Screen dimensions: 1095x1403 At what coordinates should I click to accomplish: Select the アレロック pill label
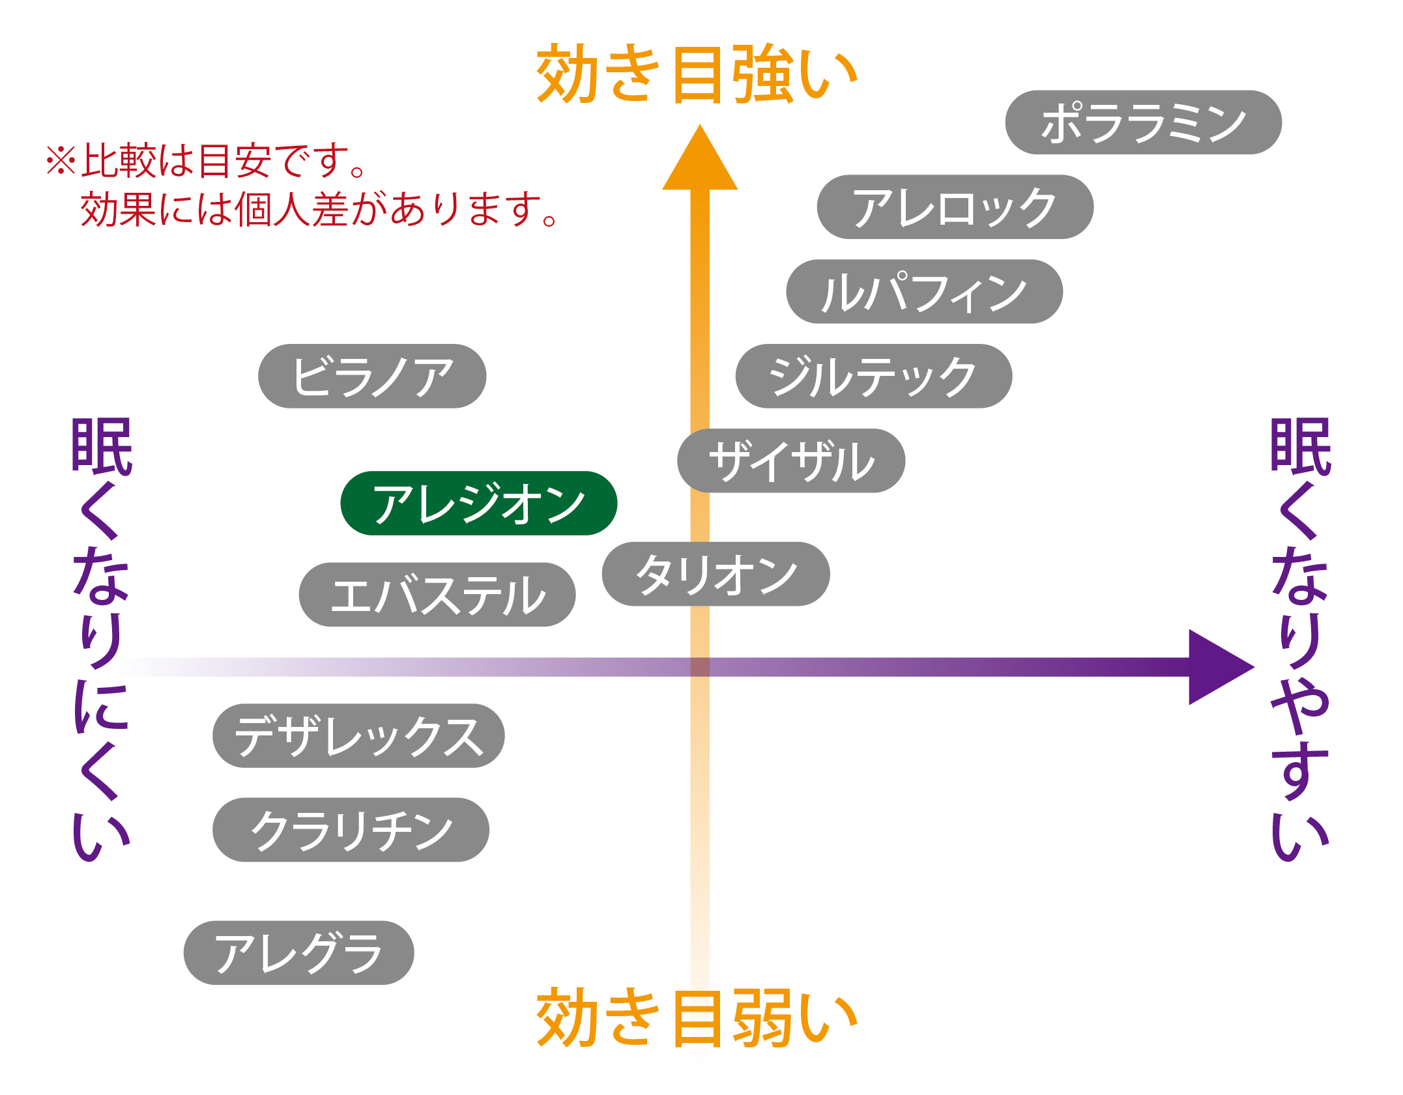pos(955,207)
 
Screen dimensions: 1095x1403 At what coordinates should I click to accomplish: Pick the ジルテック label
pos(873,377)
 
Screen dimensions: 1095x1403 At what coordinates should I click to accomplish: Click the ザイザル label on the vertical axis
pos(790,461)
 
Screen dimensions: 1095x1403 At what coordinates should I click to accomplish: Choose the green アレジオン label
pos(478,504)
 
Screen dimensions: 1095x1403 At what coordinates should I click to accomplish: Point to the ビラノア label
pos(371,377)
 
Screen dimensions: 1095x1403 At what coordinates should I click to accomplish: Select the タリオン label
pos(715,574)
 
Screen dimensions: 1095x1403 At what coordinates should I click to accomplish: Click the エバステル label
pos(437,595)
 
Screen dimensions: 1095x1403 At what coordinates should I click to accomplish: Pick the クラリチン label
pos(350,830)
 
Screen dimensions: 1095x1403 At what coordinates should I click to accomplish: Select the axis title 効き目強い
pos(695,74)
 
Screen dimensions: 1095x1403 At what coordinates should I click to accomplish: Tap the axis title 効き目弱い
pos(695,1017)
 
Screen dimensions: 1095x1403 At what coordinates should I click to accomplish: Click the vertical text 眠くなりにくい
pos(101,638)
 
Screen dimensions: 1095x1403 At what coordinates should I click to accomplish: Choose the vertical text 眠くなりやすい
pos(1299,638)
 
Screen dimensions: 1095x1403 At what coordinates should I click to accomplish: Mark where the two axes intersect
pos(699,667)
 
